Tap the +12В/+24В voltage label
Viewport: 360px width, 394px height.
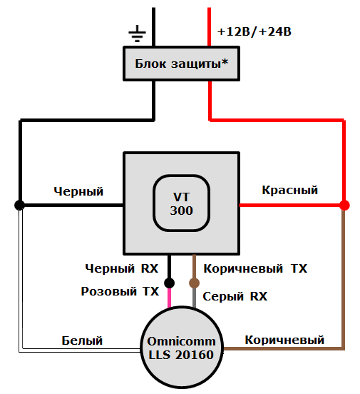(254, 32)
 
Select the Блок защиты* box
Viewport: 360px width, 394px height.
(181, 64)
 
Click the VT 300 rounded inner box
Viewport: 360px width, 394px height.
(181, 203)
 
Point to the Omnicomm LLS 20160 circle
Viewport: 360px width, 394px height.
(181, 348)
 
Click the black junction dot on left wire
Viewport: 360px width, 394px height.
(20, 206)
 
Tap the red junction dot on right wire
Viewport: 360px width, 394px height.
(344, 206)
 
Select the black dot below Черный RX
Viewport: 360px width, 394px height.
(170, 283)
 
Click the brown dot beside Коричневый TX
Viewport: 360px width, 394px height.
(194, 283)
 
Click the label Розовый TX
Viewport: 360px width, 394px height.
(120, 291)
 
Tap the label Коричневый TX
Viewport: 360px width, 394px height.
(255, 269)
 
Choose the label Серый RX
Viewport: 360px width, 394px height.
(235, 296)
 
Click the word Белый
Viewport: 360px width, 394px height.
(82, 340)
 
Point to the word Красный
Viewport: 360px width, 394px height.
(289, 191)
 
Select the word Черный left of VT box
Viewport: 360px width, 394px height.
(78, 191)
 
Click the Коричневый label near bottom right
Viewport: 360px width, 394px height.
(284, 340)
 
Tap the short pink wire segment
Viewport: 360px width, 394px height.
(170, 296)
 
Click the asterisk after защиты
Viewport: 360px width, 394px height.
(225, 62)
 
